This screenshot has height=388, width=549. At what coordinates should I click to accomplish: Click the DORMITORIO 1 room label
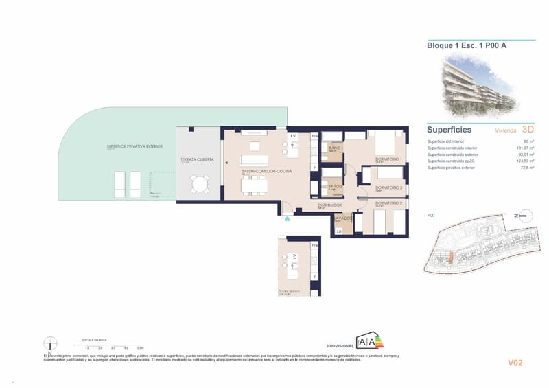pyautogui.click(x=388, y=159)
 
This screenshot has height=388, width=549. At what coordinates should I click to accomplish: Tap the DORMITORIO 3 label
pyautogui.click(x=388, y=187)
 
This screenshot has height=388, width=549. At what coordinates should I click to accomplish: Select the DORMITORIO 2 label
pyautogui.click(x=389, y=203)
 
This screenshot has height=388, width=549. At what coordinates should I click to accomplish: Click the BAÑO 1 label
pyautogui.click(x=336, y=148)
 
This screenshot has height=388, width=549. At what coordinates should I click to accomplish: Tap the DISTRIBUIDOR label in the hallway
pyautogui.click(x=329, y=205)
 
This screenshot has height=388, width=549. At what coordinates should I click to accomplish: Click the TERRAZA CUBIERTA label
pyautogui.click(x=197, y=159)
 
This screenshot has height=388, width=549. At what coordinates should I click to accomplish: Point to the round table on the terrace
pyautogui.click(x=200, y=185)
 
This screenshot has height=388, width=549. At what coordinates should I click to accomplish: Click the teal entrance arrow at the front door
pyautogui.click(x=288, y=218)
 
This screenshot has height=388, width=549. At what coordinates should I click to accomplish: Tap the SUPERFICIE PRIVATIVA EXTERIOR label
pyautogui.click(x=135, y=146)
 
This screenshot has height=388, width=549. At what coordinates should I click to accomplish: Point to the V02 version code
pyautogui.click(x=515, y=363)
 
